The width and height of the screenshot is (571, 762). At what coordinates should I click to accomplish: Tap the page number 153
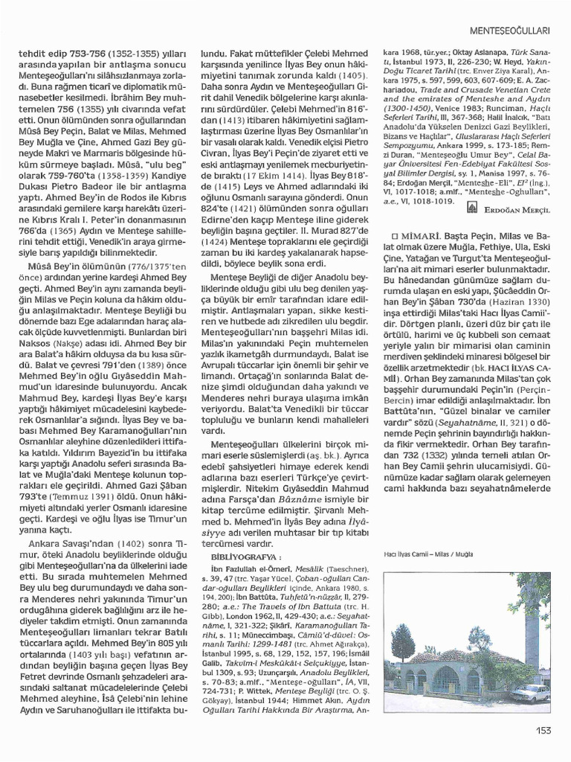click(542, 730)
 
